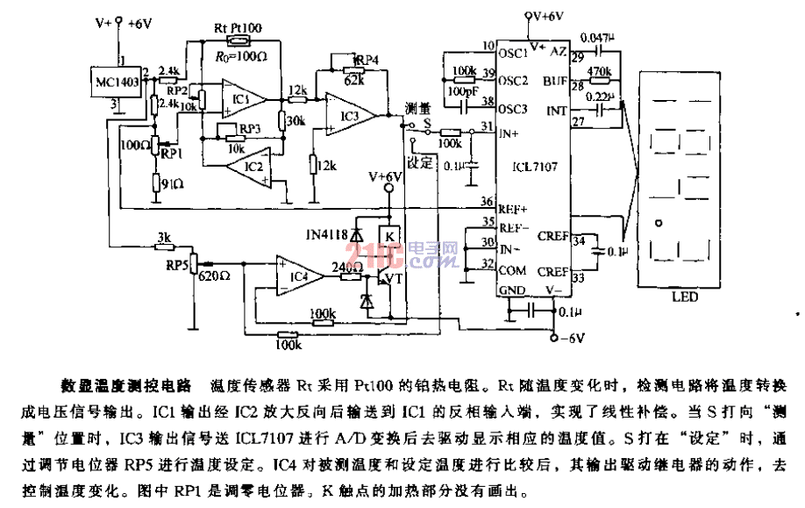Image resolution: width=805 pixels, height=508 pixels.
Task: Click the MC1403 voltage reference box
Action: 118,82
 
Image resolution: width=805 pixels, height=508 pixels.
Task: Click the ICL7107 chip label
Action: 530,164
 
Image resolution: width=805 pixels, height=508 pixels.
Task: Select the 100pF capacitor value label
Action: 463,91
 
